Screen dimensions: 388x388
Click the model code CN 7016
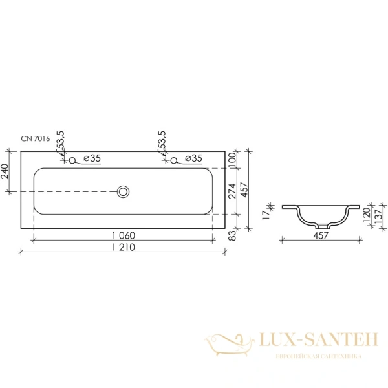36,138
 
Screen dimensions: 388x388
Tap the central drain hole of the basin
123,192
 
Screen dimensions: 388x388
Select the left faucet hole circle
72,160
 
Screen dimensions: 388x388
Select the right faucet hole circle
174,160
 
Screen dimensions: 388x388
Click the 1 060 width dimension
124,235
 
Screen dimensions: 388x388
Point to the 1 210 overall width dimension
124,247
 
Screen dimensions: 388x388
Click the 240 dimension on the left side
5,171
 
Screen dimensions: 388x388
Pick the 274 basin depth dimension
232,191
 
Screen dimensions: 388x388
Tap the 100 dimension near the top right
232,160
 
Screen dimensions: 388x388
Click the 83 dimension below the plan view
232,235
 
